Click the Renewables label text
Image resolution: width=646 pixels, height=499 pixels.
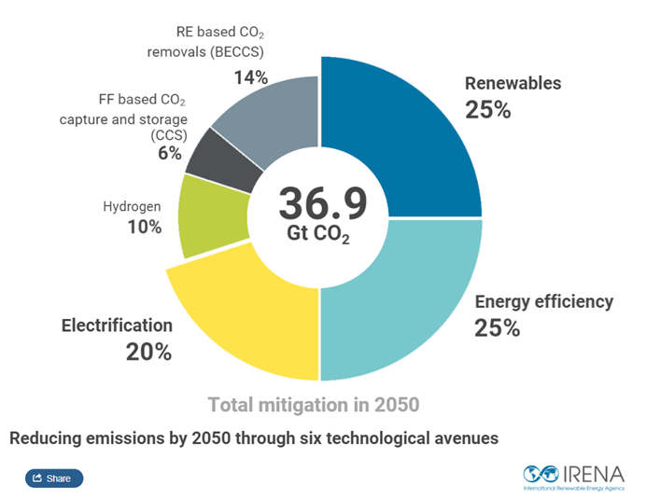tap(513, 83)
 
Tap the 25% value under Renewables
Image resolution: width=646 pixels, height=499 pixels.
tap(487, 109)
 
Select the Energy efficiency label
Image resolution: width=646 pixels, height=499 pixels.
tap(544, 301)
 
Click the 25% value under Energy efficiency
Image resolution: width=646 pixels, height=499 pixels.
tap(497, 328)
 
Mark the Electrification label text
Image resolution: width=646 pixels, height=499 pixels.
tap(117, 326)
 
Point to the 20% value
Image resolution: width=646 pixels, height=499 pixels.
tap(148, 352)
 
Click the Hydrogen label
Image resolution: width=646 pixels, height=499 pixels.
tap(132, 206)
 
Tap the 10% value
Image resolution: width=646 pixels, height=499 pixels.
tap(145, 227)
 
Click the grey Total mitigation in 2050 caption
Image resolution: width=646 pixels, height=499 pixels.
tap(313, 405)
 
